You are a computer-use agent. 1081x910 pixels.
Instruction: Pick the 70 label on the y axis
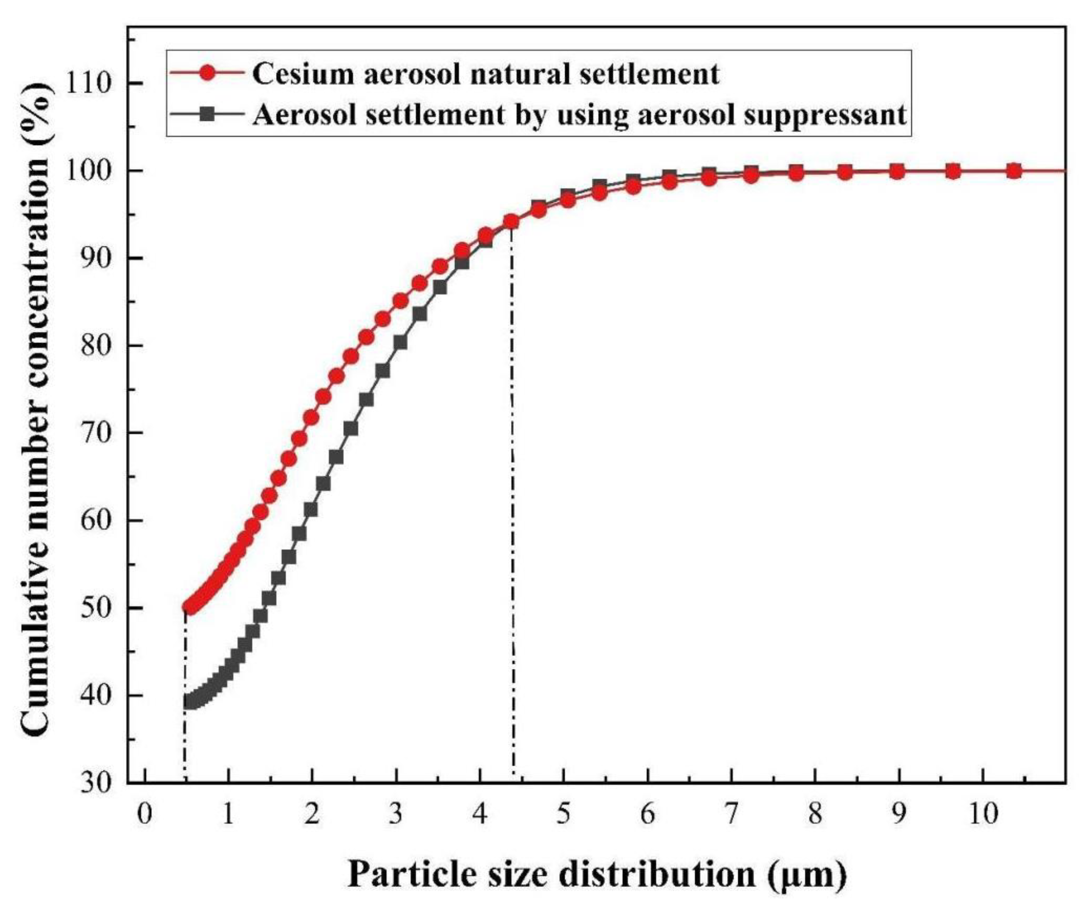coord(96,433)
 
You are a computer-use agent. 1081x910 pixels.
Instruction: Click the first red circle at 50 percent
coord(189,608)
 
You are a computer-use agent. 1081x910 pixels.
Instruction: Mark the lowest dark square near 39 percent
coord(189,702)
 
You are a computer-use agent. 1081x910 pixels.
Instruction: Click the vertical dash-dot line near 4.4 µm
coord(513,516)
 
